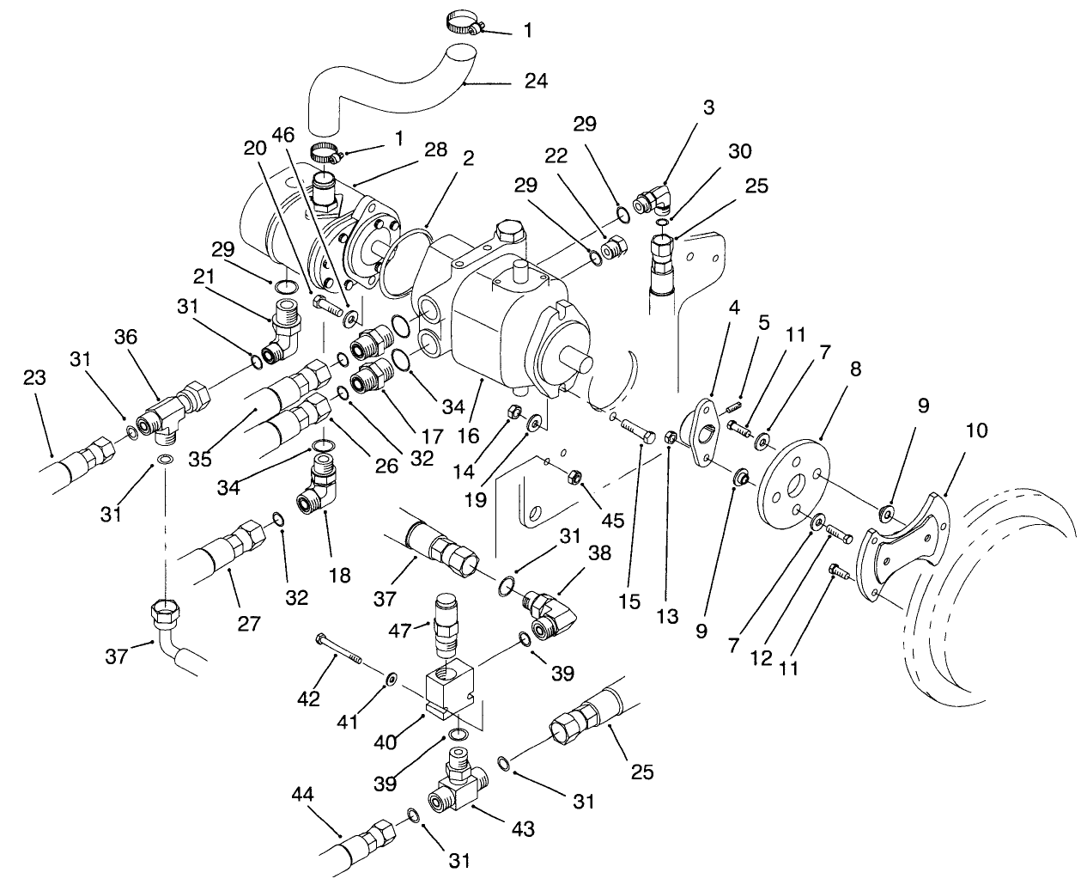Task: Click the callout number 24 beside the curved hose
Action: pyautogui.click(x=536, y=82)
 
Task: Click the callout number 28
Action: pyautogui.click(x=434, y=150)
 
